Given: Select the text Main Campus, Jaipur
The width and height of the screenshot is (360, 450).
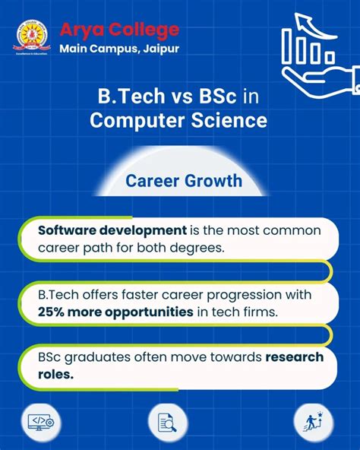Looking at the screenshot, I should pos(119,49).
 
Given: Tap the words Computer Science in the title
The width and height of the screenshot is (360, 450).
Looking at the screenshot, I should pos(179,120).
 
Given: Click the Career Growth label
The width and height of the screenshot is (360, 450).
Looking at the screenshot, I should pos(184,181).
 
